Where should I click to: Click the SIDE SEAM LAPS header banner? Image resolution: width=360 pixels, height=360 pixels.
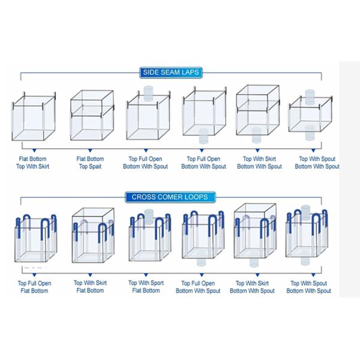170,73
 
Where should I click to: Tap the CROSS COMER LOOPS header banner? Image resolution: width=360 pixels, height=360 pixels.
170,197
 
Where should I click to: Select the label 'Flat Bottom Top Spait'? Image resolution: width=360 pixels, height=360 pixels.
90,163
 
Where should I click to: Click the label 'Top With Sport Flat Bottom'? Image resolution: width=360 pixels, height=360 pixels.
145,287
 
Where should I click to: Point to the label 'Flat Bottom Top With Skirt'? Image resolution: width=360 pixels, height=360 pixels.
34,163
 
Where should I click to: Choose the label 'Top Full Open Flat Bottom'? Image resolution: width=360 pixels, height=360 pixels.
34,287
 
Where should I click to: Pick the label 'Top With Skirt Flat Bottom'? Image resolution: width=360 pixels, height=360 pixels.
90,287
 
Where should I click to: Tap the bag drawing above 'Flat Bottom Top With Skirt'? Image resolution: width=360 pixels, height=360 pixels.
34,115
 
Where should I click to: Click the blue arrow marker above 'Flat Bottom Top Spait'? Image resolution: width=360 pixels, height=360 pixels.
90,148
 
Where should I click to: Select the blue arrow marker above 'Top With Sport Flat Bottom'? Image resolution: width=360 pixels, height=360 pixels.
145,272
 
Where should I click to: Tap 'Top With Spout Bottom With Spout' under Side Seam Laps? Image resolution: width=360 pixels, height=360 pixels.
317,163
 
